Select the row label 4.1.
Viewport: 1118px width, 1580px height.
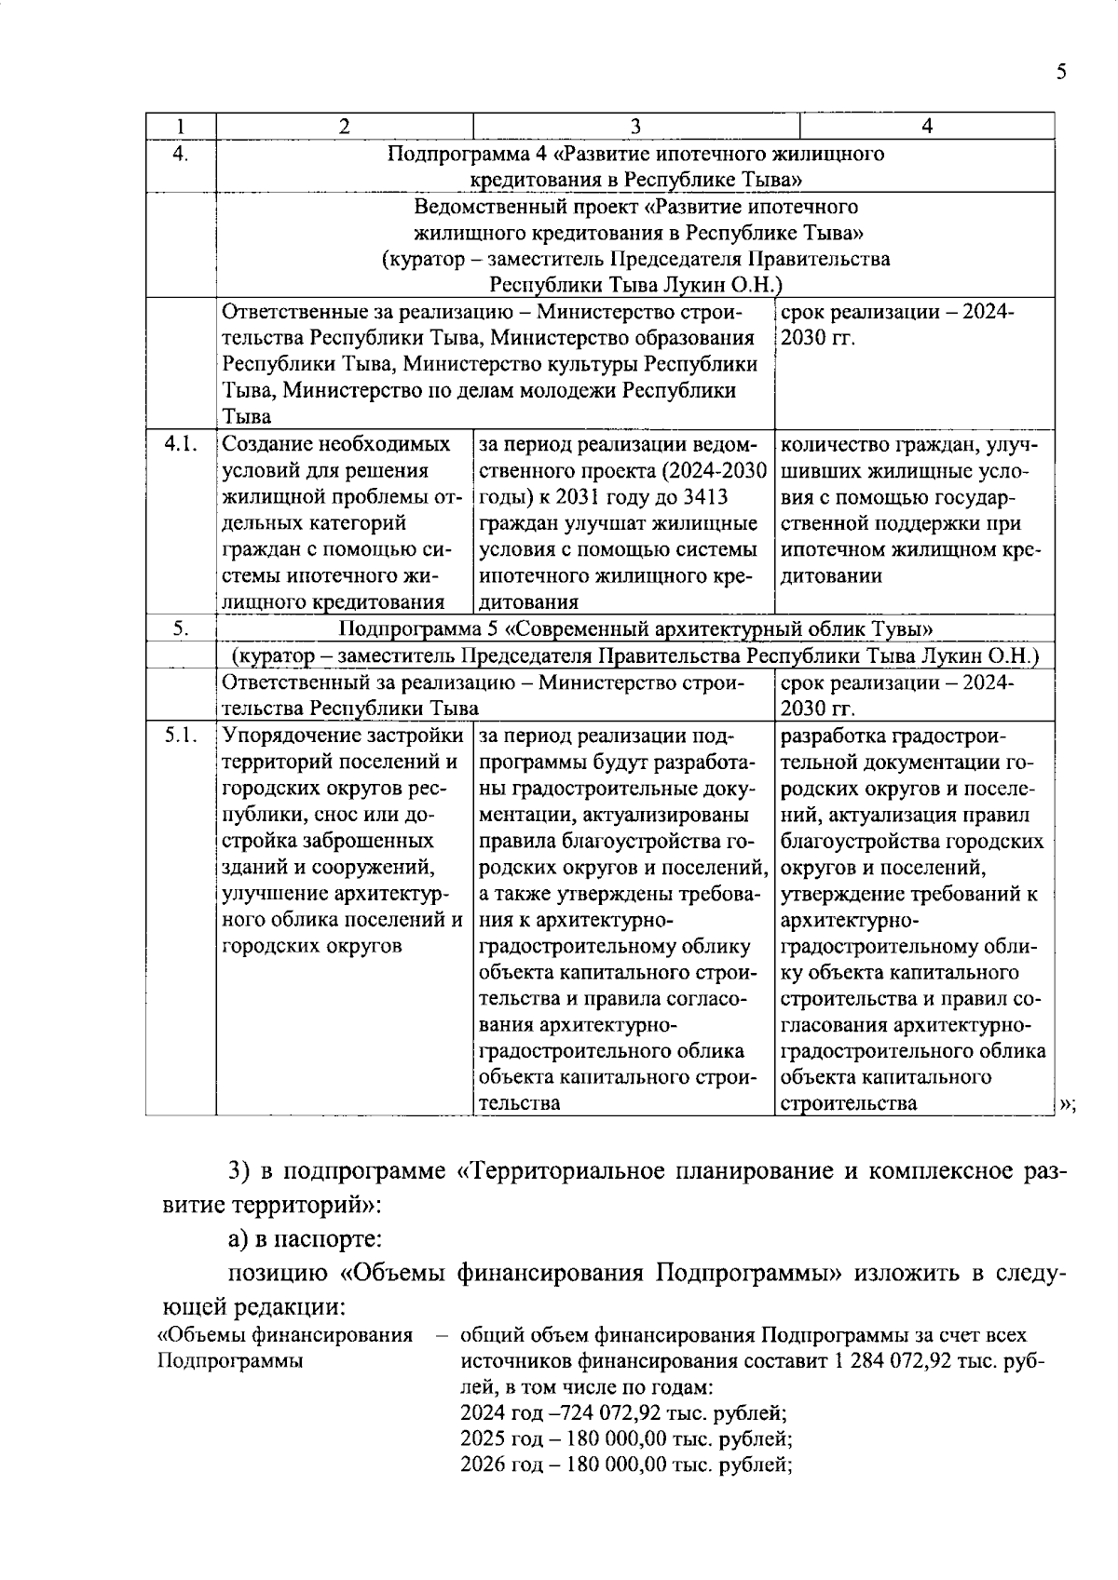click(180, 444)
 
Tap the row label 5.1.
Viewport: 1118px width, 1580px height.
click(180, 736)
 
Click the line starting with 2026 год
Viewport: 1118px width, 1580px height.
click(626, 1465)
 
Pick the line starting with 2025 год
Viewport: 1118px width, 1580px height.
click(626, 1439)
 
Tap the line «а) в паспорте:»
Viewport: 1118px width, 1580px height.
click(305, 1239)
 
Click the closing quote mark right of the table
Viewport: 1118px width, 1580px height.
click(1067, 1105)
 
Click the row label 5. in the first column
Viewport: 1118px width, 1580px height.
click(180, 629)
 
